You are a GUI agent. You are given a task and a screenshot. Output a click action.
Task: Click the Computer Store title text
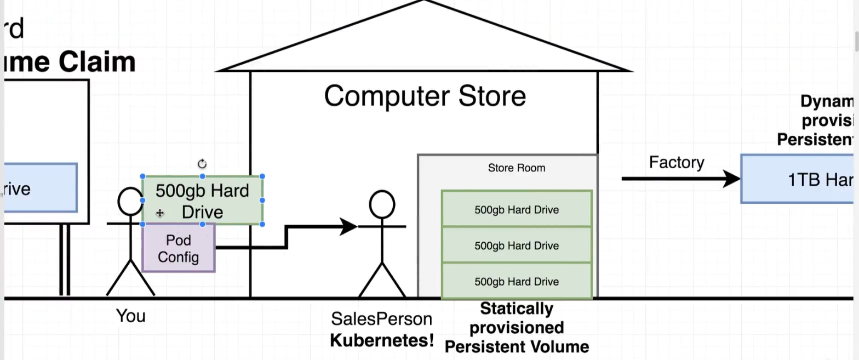(425, 96)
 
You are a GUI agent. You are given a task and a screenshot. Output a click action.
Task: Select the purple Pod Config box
(178, 248)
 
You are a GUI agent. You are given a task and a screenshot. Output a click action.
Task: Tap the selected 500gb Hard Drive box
(202, 201)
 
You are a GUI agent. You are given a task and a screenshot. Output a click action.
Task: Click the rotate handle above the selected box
(202, 164)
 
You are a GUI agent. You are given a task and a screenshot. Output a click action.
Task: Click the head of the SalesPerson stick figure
(382, 204)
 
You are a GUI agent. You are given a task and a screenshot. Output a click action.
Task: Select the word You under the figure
(131, 316)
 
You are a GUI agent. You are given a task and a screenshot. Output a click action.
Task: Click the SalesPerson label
(381, 319)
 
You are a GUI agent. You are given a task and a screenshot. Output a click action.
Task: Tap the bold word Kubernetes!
(381, 340)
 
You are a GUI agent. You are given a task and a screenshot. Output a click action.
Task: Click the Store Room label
(517, 168)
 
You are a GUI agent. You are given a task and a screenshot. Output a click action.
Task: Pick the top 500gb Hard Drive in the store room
(517, 209)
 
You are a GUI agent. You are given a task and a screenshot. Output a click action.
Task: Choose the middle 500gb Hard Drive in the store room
(517, 245)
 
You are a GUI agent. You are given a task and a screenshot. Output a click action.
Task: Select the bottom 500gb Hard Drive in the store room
(517, 281)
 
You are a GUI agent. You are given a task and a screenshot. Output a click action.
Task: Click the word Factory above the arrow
(677, 162)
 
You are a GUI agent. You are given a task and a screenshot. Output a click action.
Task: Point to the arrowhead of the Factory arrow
(732, 179)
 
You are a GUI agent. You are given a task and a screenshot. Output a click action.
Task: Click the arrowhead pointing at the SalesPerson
(349, 226)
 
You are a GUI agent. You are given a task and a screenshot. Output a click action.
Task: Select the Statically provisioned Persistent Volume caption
(517, 328)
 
